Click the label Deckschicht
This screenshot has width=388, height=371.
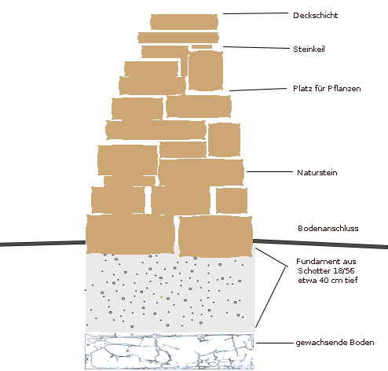(315, 16)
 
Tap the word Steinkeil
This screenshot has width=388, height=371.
(309, 50)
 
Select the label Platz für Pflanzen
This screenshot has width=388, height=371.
(327, 89)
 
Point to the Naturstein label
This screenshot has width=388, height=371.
(317, 173)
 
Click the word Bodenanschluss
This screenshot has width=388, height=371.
(328, 229)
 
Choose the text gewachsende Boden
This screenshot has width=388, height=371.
(335, 343)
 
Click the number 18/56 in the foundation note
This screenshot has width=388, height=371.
(344, 270)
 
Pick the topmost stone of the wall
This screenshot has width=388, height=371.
(184, 22)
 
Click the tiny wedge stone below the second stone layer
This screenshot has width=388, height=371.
(202, 47)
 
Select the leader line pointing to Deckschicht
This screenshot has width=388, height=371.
(255, 13)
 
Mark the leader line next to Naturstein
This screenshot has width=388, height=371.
(269, 172)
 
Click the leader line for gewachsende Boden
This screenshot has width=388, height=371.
(275, 343)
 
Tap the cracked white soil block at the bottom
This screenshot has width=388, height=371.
(169, 351)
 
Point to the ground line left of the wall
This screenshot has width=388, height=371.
(43, 244)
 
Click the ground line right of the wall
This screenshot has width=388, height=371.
(320, 244)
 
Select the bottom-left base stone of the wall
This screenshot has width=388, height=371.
(130, 234)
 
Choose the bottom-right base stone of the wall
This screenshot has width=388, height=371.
(215, 237)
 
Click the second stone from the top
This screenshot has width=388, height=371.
(178, 38)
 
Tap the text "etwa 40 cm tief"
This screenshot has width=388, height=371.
(328, 280)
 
